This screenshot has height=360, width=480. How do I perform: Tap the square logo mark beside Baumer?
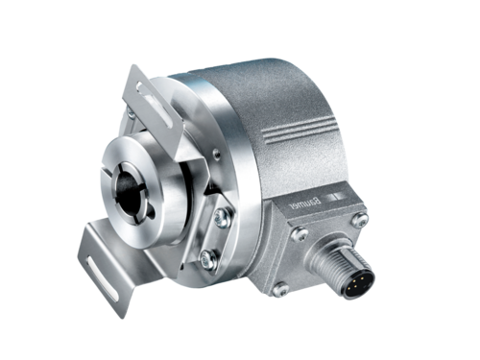click(x=336, y=197)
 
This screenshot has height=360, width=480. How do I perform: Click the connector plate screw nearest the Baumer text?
click(x=300, y=233)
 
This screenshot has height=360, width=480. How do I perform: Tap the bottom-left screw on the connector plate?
click(x=280, y=289)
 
